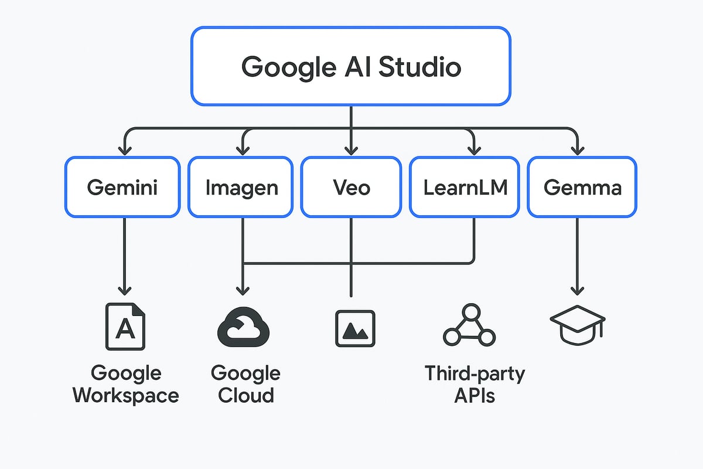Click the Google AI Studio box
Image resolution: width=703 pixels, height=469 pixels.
(350, 66)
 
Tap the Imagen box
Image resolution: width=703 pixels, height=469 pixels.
(241, 187)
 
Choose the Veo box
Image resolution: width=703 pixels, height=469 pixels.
(351, 187)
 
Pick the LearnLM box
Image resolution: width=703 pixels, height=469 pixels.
(464, 187)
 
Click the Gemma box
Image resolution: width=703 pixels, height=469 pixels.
(582, 187)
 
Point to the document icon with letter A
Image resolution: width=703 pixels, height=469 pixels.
(125, 327)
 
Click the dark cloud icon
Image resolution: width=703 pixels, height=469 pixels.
(243, 326)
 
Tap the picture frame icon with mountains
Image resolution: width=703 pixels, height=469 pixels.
(355, 328)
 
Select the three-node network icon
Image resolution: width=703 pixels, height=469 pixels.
(469, 326)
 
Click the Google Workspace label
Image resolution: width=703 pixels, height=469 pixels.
(126, 384)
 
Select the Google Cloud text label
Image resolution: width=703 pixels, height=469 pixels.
(245, 384)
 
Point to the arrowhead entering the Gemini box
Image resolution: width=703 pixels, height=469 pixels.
(124, 151)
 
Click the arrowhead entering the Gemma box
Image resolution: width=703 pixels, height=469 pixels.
(578, 151)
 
